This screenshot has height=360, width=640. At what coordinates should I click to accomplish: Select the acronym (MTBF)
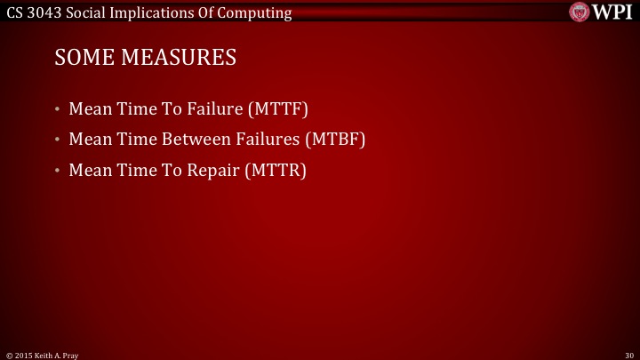[335, 140]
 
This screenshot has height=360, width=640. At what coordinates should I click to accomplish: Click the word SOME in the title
[80, 59]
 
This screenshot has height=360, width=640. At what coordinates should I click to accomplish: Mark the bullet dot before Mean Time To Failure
[57, 111]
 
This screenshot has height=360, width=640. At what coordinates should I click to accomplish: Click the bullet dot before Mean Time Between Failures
[57, 141]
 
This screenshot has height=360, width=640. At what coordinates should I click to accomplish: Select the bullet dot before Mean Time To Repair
[57, 172]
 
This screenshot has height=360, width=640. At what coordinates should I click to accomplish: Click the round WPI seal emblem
[580, 11]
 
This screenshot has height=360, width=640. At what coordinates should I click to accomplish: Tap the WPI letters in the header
[613, 11]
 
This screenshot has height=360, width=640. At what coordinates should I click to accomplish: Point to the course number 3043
[45, 11]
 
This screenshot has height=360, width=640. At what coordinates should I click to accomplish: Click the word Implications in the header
[148, 11]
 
